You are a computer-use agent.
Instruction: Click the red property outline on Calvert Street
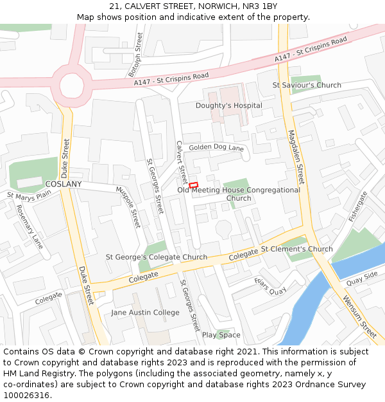[193, 185]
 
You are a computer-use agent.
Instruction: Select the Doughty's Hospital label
[229, 105]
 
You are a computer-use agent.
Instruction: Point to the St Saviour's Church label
[307, 85]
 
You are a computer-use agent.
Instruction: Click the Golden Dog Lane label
[217, 148]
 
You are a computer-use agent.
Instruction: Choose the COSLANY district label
[64, 184]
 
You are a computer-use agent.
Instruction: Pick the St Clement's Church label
[296, 249]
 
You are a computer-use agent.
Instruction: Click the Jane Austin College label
[145, 313]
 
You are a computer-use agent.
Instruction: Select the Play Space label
[221, 335]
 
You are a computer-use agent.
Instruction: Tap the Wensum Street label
[359, 317]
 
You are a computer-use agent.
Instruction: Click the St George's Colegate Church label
[157, 257]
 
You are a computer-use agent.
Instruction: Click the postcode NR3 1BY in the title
[260, 6]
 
